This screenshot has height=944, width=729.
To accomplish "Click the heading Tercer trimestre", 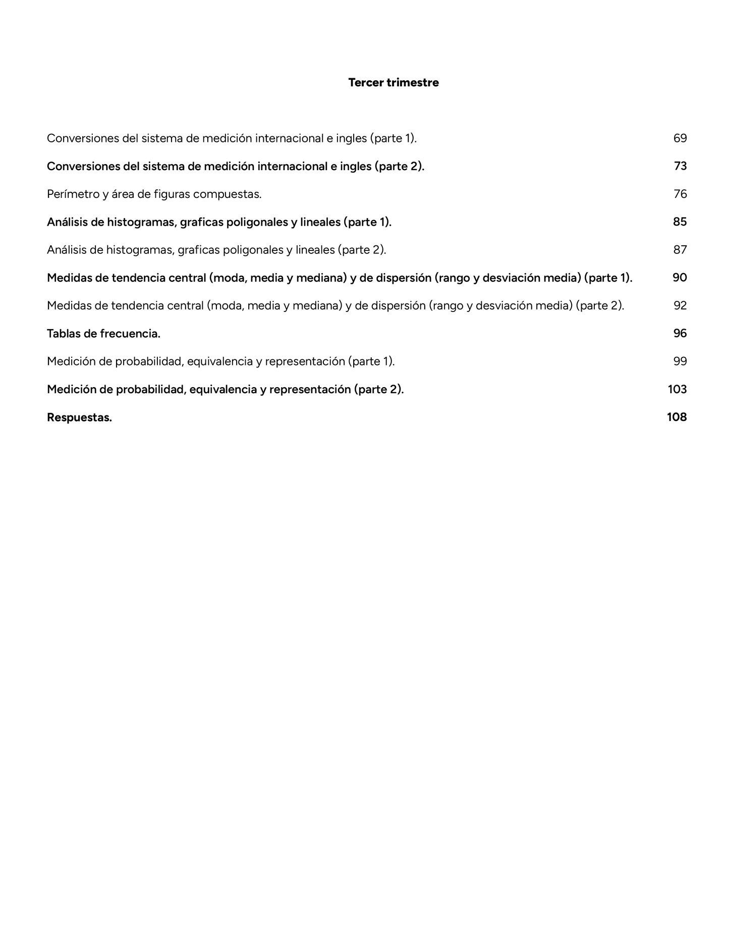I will pyautogui.click(x=393, y=83).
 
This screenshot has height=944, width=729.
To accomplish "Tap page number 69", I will pyautogui.click(x=680, y=138).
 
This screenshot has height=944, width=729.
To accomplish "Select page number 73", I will pyautogui.click(x=680, y=166).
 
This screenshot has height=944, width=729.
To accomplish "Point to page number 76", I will pyautogui.click(x=680, y=194).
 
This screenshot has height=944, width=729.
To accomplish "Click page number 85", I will pyautogui.click(x=680, y=222).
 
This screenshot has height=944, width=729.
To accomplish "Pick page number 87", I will pyautogui.click(x=680, y=250).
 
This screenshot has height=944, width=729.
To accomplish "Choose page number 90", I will pyautogui.click(x=680, y=278).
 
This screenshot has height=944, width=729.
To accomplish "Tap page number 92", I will pyautogui.click(x=680, y=305).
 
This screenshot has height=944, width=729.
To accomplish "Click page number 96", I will pyautogui.click(x=680, y=333).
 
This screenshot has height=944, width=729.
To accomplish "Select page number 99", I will pyautogui.click(x=680, y=361).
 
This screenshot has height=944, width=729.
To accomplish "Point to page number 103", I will pyautogui.click(x=677, y=389).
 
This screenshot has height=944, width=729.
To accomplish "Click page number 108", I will pyautogui.click(x=677, y=417).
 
